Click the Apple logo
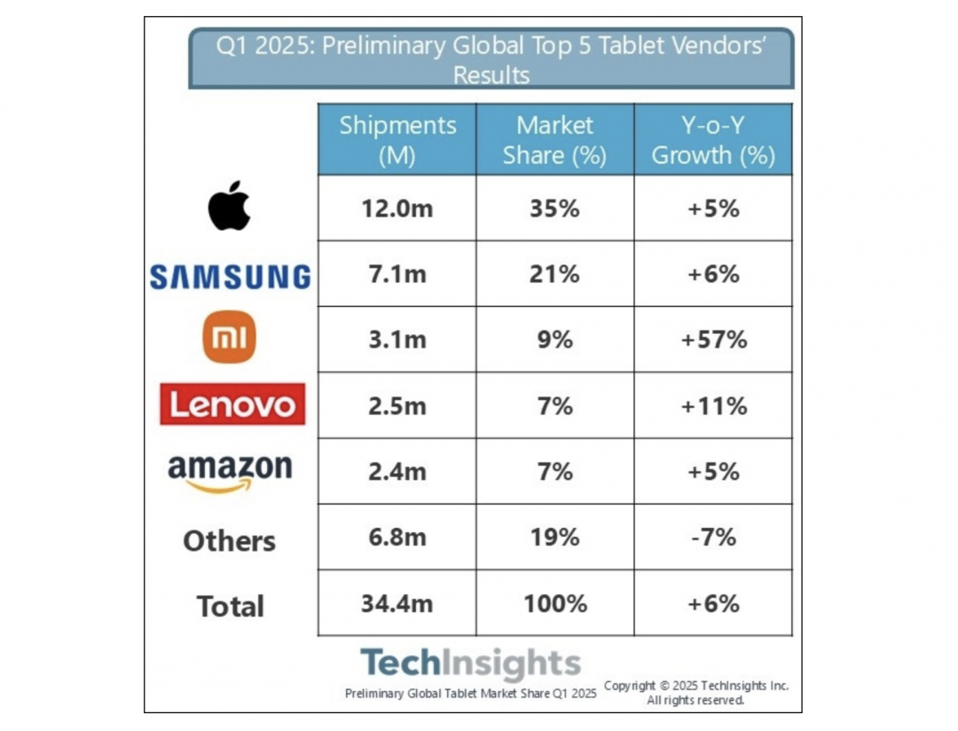click(x=230, y=207)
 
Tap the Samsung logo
click(x=230, y=277)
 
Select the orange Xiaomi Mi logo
click(x=230, y=338)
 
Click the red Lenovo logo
click(x=232, y=405)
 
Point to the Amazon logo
click(x=230, y=472)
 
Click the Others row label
click(x=230, y=540)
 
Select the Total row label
click(x=230, y=606)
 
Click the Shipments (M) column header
click(x=397, y=140)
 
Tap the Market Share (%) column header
click(x=554, y=140)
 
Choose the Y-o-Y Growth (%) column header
click(x=713, y=140)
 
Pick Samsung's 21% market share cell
click(x=554, y=274)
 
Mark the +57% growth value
click(x=713, y=339)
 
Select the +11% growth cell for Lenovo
click(x=713, y=405)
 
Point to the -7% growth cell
click(x=713, y=537)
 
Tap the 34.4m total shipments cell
click(x=397, y=603)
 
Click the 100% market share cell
click(x=554, y=603)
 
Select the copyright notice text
click(x=695, y=693)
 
